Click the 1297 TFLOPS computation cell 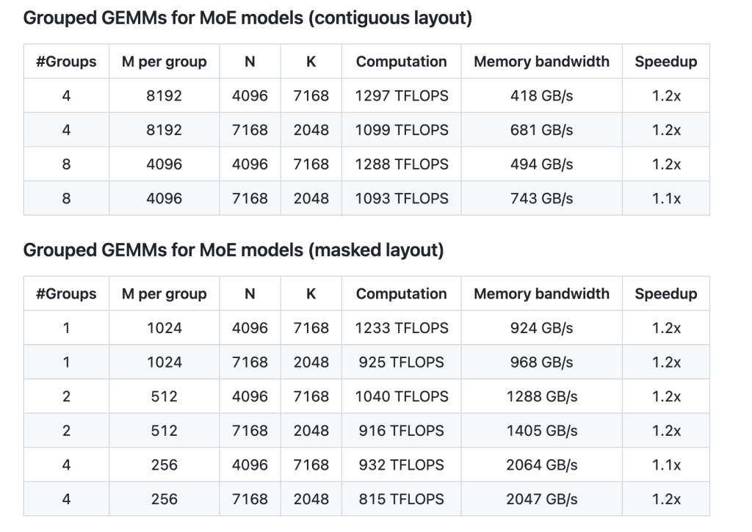[401, 96]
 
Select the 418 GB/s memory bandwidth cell [541, 96]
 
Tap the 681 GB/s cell [541, 130]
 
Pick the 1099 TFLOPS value [401, 130]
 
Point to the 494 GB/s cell [541, 164]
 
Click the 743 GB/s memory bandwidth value [541, 198]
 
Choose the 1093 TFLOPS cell [401, 198]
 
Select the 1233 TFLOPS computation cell [401, 328]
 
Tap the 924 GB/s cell [541, 328]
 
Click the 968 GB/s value [541, 362]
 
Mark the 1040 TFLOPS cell [401, 396]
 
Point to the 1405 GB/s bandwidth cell [541, 431]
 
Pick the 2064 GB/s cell [541, 464]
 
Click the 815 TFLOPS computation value [401, 499]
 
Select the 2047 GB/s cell [541, 499]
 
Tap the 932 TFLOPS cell [401, 464]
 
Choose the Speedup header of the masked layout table [665, 294]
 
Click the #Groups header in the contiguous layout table [66, 62]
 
